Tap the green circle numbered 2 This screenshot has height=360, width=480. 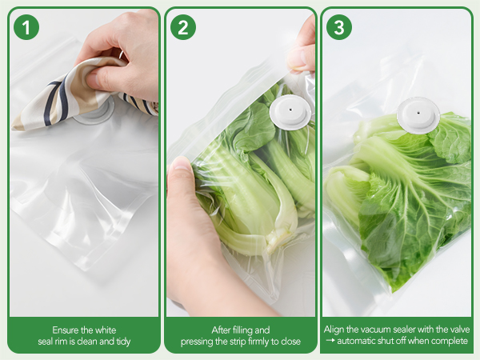pyautogui.click(x=182, y=27)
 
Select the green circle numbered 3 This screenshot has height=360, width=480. pyautogui.click(x=338, y=27)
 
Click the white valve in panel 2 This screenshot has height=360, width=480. pyautogui.click(x=290, y=113)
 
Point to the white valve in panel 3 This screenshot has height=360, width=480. pyautogui.click(x=418, y=114)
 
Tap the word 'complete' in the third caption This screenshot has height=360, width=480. pyautogui.click(x=451, y=342)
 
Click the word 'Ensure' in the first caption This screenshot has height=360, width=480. pyautogui.click(x=67, y=330)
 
